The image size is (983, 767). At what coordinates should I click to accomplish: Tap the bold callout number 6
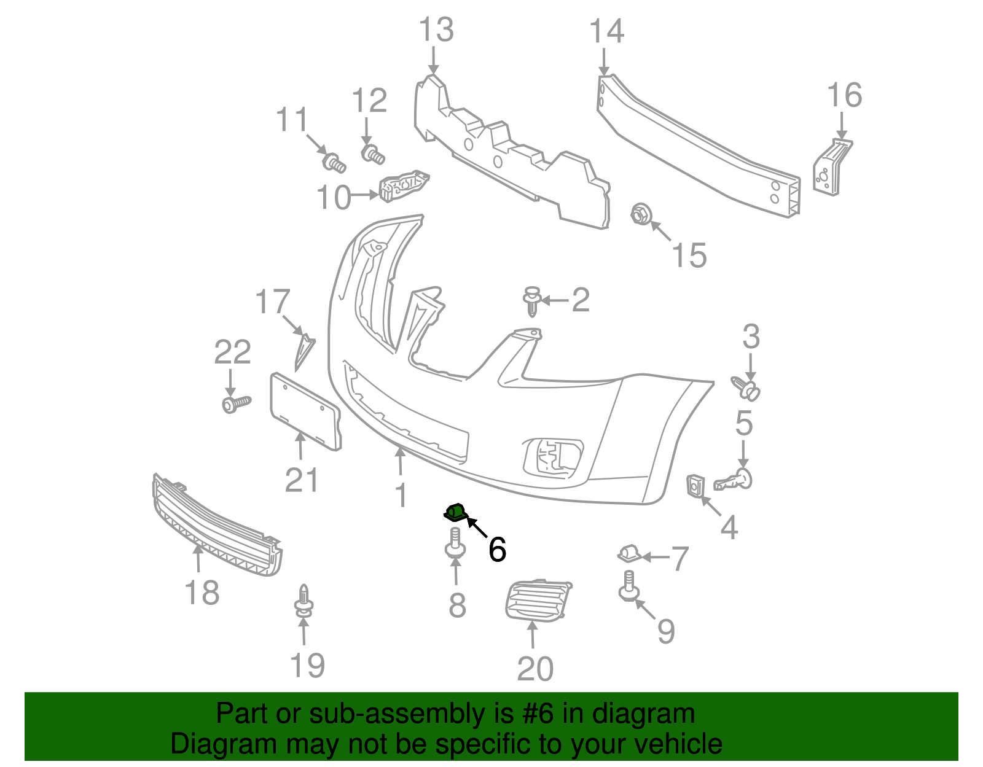click(x=497, y=549)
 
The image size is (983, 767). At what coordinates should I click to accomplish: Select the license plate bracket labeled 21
click(x=305, y=411)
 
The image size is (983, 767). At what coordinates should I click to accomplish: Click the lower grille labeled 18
click(x=216, y=525)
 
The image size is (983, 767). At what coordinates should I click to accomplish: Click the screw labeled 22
click(x=236, y=403)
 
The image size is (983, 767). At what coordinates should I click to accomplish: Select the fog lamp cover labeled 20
click(x=538, y=601)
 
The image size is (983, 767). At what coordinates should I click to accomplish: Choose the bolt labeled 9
click(x=629, y=586)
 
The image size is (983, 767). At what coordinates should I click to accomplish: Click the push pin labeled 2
click(x=533, y=301)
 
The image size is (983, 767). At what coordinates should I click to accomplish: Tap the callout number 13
click(x=436, y=30)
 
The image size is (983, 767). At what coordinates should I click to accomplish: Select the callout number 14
click(x=606, y=31)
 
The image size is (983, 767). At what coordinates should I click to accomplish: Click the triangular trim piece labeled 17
click(x=304, y=350)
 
